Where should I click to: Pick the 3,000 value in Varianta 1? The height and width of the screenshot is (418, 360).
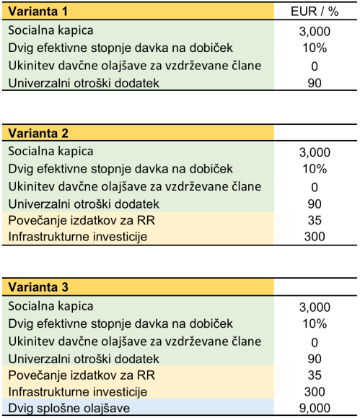click(314, 32)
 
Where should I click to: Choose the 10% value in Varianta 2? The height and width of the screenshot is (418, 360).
click(314, 170)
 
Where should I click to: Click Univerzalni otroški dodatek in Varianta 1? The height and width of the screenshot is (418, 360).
click(83, 83)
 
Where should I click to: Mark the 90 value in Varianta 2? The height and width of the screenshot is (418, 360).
click(314, 204)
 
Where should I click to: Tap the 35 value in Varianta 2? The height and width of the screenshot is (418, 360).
click(314, 222)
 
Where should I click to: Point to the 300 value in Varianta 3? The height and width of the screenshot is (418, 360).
click(314, 392)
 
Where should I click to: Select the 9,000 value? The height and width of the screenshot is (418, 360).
click(314, 409)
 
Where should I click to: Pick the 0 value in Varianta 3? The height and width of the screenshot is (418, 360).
click(314, 341)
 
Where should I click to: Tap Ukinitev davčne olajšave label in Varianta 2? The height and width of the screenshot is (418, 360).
click(134, 186)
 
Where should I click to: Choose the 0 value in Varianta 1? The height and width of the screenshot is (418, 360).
click(314, 66)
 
